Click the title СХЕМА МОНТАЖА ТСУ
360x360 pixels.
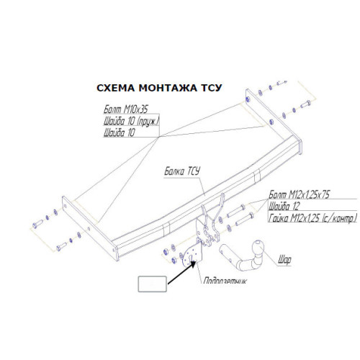tap(159, 88)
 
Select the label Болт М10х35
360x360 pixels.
tap(126, 109)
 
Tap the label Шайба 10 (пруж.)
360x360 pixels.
tap(132, 121)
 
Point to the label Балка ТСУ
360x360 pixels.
tap(182, 171)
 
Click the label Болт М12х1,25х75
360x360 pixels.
tap(299, 194)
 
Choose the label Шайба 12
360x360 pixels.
tap(284, 206)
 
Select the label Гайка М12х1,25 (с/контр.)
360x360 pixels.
tap(312, 218)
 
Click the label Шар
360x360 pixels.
tap(284, 260)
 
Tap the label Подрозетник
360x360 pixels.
tap(225, 281)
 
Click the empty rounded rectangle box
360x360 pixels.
tap(153, 284)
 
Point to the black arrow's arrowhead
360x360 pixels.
tap(193, 264)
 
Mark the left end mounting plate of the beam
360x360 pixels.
tap(90, 228)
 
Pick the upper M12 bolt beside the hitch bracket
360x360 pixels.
tap(235, 211)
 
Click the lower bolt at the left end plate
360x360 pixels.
tap(62, 247)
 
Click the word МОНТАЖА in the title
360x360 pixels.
tap(168, 88)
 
